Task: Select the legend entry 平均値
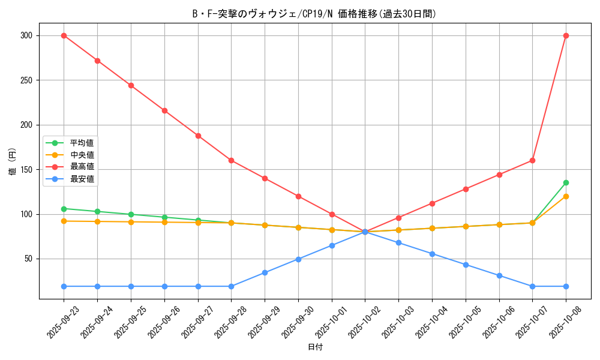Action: click(82, 143)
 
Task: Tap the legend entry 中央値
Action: click(82, 155)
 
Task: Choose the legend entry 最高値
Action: click(82, 166)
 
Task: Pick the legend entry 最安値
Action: click(82, 178)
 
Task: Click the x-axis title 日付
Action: click(315, 347)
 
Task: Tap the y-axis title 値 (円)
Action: click(13, 161)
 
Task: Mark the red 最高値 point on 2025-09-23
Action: click(64, 35)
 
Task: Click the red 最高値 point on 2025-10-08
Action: click(566, 35)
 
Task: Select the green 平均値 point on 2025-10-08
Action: click(566, 182)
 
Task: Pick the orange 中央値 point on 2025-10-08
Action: click(566, 196)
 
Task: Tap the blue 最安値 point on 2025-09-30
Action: click(298, 259)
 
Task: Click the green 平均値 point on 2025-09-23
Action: click(64, 209)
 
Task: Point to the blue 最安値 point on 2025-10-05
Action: click(466, 265)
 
